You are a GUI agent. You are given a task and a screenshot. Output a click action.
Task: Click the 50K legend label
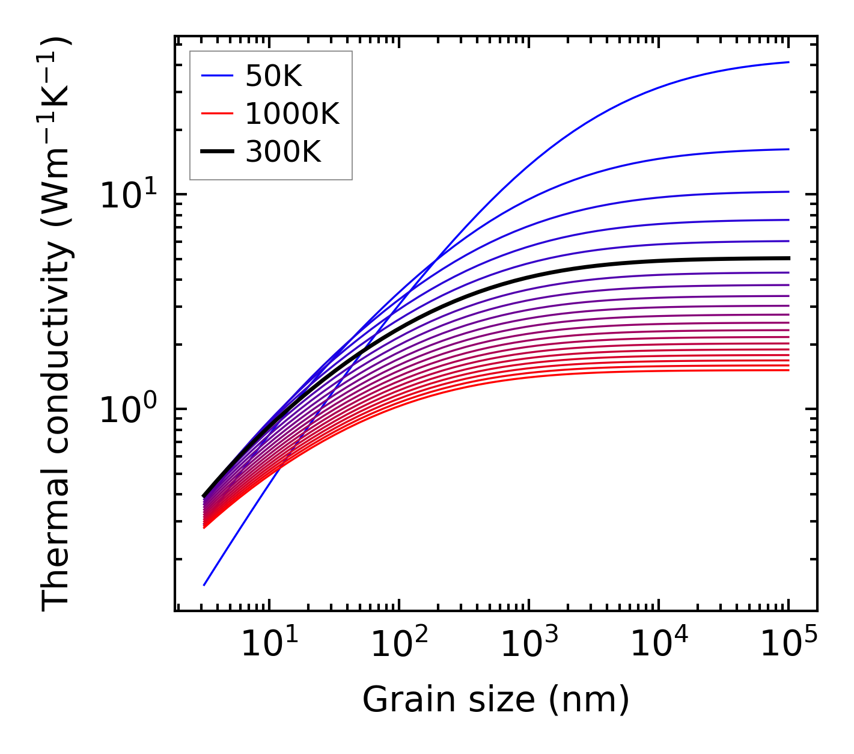[x=273, y=76]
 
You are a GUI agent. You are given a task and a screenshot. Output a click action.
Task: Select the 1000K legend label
[x=292, y=114]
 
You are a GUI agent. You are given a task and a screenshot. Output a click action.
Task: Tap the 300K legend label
[x=283, y=152]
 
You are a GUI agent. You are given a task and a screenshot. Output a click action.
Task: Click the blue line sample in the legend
[x=216, y=76]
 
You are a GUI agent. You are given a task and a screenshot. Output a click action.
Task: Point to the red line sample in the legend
[x=216, y=114]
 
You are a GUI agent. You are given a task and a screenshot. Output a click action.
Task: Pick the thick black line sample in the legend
[x=216, y=152]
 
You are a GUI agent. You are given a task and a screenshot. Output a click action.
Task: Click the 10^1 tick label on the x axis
[x=269, y=645]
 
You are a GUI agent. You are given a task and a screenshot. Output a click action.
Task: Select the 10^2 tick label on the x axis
[x=398, y=645]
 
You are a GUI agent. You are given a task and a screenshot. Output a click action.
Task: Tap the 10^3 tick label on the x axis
[x=528, y=645]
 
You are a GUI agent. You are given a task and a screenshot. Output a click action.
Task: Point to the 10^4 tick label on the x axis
[x=659, y=645]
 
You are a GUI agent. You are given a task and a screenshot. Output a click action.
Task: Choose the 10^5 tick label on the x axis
[x=788, y=645]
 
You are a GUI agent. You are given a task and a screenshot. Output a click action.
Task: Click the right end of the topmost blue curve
[x=788, y=62]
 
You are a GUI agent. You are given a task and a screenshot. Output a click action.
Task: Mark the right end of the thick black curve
[x=788, y=258]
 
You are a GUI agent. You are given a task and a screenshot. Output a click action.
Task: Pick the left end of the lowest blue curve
[x=204, y=584]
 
